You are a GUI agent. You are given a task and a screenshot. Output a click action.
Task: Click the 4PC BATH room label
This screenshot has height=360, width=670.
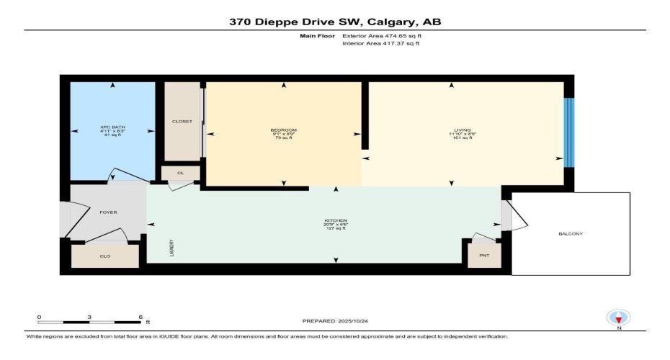point(112,127)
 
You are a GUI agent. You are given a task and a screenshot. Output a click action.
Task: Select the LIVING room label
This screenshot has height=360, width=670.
point(452,130)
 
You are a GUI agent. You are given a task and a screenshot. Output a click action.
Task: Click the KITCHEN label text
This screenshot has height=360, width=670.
point(336,220)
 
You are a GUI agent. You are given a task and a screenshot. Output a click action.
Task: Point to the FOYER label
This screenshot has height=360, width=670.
point(108,212)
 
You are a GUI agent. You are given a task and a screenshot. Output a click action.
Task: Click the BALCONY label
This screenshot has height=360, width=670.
point(570,234)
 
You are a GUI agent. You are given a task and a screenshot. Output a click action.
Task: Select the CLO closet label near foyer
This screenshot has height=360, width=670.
point(104,256)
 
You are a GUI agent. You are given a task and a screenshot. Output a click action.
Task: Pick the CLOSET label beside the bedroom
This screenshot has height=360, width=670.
point(182,122)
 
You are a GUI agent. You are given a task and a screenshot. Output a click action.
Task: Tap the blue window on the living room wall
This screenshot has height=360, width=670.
point(570,132)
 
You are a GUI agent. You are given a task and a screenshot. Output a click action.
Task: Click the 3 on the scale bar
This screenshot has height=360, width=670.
point(89,317)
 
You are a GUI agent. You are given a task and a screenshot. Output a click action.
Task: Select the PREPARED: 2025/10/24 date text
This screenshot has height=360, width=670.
point(334,320)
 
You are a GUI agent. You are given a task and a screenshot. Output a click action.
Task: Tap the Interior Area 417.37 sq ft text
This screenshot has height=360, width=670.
point(380,44)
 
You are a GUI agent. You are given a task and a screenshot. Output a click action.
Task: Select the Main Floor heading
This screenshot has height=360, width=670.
point(315,35)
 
